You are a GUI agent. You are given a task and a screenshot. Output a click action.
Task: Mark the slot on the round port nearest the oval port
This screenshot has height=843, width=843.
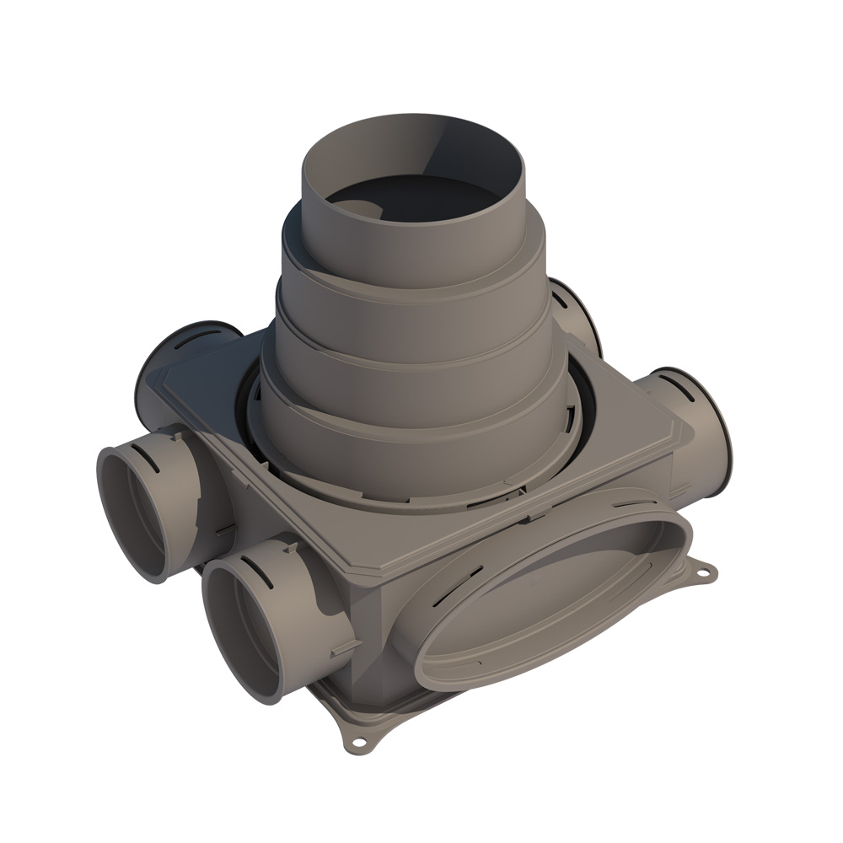tap(263, 574)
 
